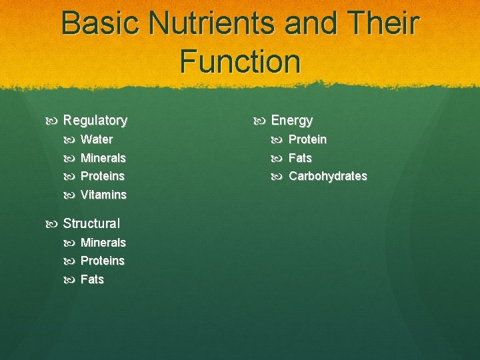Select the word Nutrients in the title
(x=212, y=23)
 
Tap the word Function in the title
(x=240, y=61)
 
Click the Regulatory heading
(x=95, y=121)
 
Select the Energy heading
(x=291, y=121)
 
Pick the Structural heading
(x=91, y=223)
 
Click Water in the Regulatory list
(x=96, y=140)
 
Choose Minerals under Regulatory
(x=103, y=158)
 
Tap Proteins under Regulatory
(x=102, y=176)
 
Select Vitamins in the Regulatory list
(x=103, y=195)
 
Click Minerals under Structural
(x=103, y=243)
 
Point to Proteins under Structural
(x=102, y=261)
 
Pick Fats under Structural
(x=92, y=279)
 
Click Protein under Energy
(x=307, y=140)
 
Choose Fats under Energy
(x=300, y=158)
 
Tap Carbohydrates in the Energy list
(x=327, y=176)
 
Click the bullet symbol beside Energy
(x=261, y=121)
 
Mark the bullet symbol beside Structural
(x=53, y=223)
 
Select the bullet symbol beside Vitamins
(x=71, y=195)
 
